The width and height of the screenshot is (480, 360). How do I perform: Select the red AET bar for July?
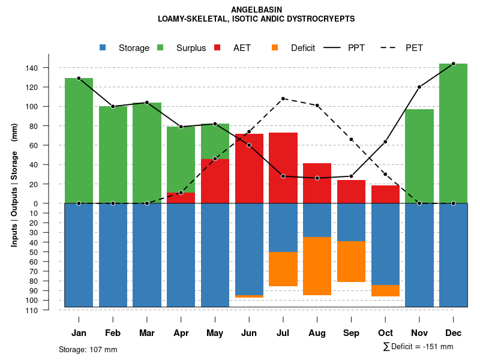click(x=283, y=168)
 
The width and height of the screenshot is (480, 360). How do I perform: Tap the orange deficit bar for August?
click(x=317, y=266)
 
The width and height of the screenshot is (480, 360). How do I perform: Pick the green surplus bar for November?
click(x=419, y=156)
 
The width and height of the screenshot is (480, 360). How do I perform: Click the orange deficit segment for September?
click(x=352, y=262)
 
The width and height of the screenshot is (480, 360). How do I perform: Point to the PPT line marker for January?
click(x=79, y=78)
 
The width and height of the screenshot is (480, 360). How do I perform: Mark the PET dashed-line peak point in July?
click(x=283, y=98)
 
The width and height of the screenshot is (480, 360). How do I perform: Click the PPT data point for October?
click(x=385, y=142)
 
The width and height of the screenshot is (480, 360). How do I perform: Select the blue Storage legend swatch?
click(x=103, y=47)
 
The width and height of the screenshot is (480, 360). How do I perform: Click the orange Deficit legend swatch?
click(x=275, y=47)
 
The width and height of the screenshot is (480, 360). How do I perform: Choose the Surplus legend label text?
click(x=191, y=48)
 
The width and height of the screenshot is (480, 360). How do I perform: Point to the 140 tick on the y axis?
click(x=49, y=68)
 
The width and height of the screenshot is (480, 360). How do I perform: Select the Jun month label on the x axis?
click(x=249, y=333)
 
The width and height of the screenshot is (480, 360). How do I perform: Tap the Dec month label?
click(x=454, y=333)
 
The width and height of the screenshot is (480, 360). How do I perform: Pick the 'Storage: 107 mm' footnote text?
click(x=88, y=349)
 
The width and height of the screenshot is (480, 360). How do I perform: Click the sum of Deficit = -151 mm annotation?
click(x=418, y=347)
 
